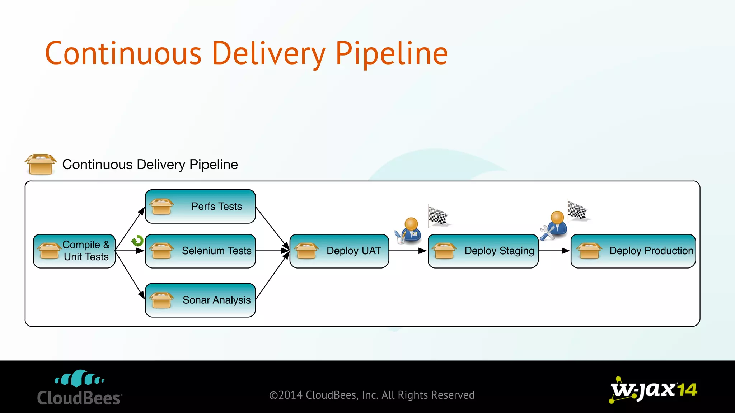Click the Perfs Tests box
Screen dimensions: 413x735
[x=200, y=206]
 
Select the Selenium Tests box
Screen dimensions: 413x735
[x=200, y=251]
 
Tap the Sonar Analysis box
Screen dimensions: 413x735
[x=200, y=300]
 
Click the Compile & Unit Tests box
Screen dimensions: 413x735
[x=74, y=251]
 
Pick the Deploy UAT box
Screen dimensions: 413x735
[x=339, y=251]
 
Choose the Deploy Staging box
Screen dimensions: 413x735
[x=483, y=251]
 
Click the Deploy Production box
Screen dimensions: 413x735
[x=633, y=251]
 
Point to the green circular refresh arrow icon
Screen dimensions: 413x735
[x=137, y=241]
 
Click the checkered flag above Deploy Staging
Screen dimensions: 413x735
[x=438, y=216]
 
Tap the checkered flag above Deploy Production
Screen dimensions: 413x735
[x=577, y=210]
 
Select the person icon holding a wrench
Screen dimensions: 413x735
[x=554, y=226]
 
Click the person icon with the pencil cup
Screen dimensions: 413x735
[x=408, y=231]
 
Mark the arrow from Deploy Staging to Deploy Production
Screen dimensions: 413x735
[x=554, y=251]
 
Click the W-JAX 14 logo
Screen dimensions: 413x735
[x=653, y=390]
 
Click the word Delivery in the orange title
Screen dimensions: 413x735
[x=268, y=54]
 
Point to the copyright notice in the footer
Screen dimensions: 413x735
[x=372, y=395]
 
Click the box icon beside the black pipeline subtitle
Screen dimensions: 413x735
[x=41, y=164]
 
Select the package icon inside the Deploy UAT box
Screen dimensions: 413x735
[x=306, y=251]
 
